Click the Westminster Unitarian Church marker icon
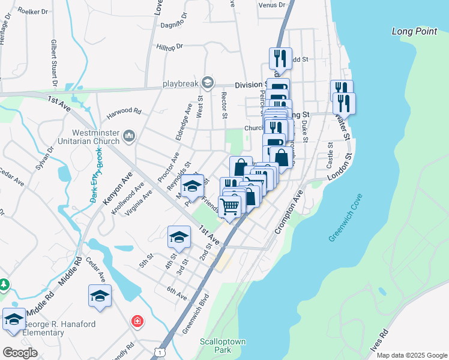click(x=129, y=137)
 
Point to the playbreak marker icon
click(x=207, y=82)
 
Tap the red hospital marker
click(x=139, y=321)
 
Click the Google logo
click(x=20, y=353)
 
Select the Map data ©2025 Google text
click(x=411, y=355)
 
